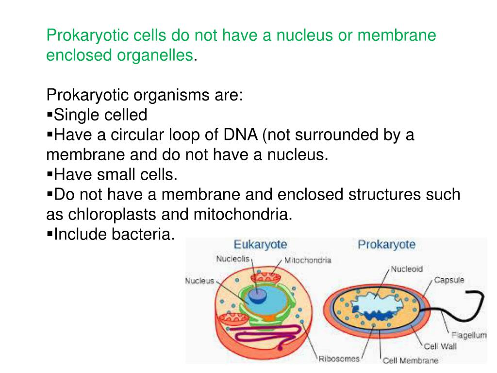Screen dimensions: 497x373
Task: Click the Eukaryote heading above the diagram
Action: click(260, 244)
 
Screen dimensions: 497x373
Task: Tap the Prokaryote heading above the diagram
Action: click(386, 244)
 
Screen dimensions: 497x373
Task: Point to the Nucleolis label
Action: click(232, 259)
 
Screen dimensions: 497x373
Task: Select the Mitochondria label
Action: click(308, 260)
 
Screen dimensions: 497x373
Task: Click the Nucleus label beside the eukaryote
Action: click(199, 281)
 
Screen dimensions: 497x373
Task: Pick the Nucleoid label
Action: click(407, 269)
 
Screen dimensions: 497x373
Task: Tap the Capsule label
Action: click(449, 280)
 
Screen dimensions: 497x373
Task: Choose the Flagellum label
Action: click(469, 335)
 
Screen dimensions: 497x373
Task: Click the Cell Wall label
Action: click(438, 347)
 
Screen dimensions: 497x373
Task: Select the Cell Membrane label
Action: click(410, 360)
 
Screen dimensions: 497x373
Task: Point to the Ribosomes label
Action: click(339, 359)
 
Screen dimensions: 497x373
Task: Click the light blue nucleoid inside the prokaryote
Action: click(374, 306)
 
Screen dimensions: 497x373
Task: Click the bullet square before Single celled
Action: click(50, 115)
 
